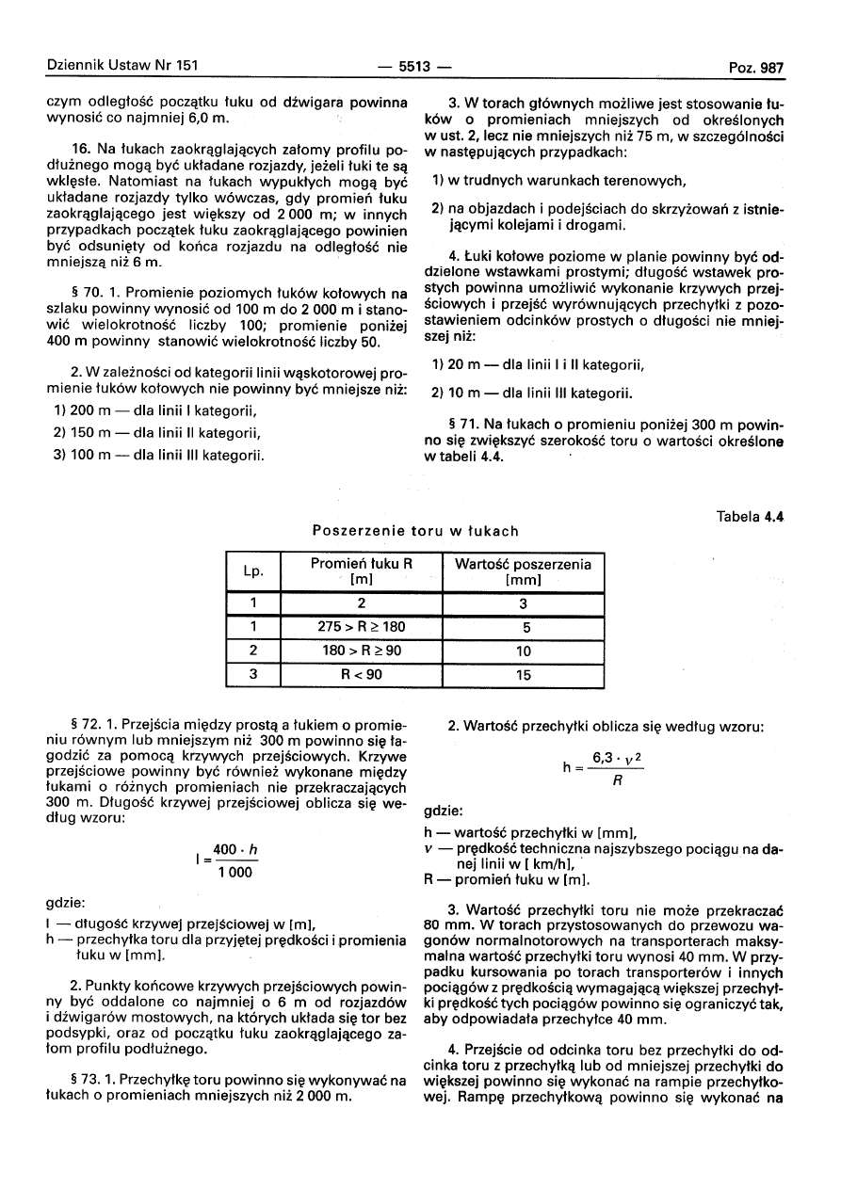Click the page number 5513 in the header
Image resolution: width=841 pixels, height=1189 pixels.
tap(414, 67)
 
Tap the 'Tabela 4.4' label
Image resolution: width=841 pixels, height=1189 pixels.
tap(750, 516)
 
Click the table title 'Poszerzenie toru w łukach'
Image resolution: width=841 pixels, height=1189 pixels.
tap(415, 531)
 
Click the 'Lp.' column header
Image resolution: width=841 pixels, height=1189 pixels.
tap(253, 571)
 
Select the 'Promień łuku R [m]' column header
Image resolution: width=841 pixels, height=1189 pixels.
tap(362, 571)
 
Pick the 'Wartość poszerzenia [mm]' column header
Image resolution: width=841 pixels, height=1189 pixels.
tap(524, 571)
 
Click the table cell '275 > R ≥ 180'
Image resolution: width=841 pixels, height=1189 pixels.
tap(362, 626)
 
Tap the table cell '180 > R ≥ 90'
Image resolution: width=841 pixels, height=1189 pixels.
tap(362, 651)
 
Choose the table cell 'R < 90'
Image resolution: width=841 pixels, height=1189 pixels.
tap(362, 674)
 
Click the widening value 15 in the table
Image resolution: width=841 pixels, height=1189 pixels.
tap(524, 674)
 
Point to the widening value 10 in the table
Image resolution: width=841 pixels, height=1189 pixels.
tap(524, 651)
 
